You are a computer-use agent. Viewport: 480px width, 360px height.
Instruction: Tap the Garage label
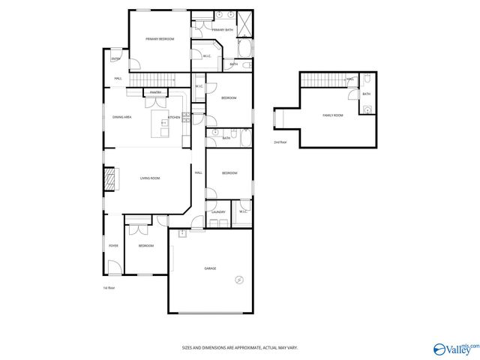[210, 268]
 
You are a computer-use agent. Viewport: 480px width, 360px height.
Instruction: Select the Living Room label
[150, 178]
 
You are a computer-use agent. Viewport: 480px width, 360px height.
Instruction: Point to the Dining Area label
[122, 118]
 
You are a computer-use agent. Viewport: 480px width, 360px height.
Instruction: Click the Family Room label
[333, 115]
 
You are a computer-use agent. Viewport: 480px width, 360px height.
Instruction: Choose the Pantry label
[156, 92]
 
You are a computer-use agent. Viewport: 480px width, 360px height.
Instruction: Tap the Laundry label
[218, 212]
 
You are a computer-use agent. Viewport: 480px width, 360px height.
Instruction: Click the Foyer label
[113, 245]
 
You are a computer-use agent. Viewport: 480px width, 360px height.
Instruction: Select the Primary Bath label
[223, 30]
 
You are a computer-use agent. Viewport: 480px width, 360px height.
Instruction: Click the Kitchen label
[174, 118]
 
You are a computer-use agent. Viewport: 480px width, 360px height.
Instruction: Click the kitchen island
[160, 124]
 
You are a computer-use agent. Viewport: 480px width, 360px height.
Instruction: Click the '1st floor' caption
[109, 287]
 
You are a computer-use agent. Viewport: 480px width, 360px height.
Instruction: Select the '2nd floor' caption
[280, 141]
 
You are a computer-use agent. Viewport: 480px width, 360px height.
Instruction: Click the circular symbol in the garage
[239, 280]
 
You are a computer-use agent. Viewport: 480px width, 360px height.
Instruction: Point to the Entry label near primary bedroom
[116, 58]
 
